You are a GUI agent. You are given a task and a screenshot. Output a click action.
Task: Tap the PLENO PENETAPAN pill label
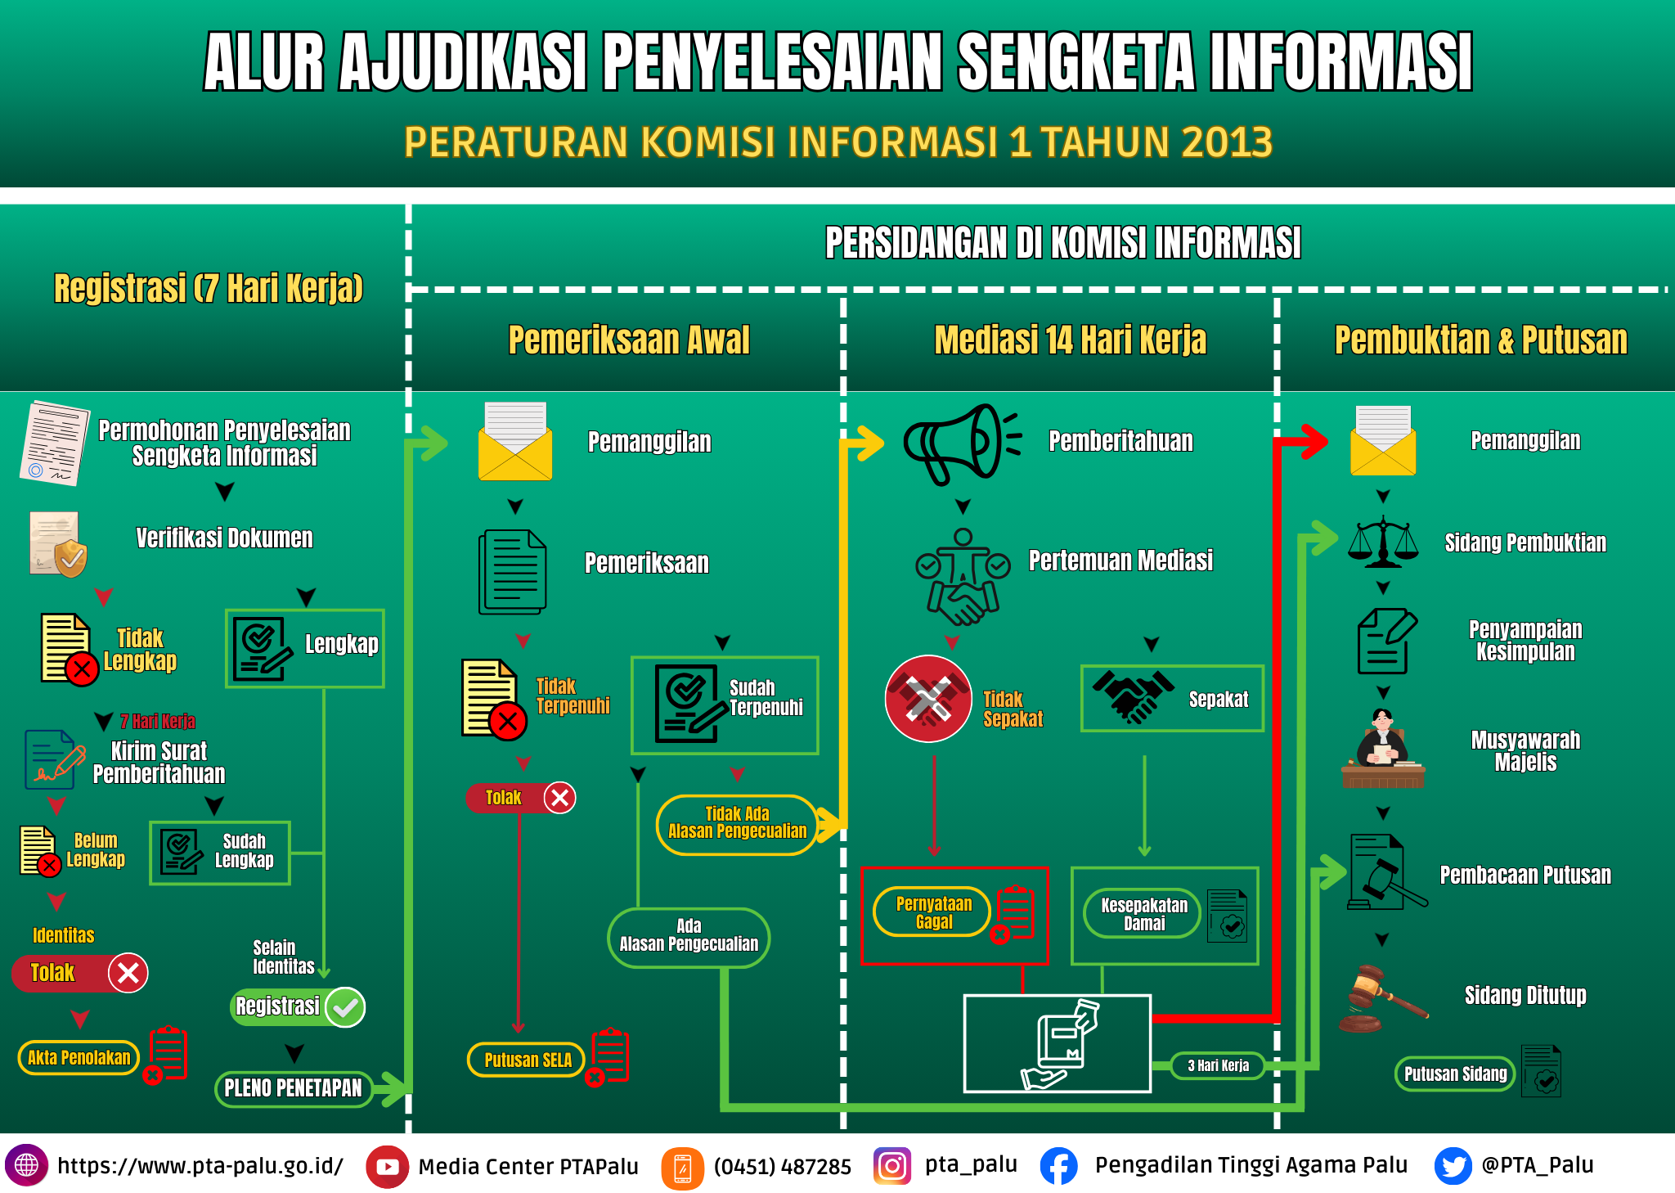point(293,1088)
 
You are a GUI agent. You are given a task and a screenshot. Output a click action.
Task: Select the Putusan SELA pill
point(526,1060)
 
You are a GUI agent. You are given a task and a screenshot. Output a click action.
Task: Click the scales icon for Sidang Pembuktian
point(1383,542)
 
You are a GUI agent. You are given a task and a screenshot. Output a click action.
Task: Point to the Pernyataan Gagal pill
point(932,912)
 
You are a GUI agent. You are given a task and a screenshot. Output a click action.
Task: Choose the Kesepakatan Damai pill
point(1143,914)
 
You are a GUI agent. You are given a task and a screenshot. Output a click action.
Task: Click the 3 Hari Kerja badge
point(1218,1065)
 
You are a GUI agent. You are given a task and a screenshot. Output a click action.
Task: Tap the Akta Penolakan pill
point(79,1057)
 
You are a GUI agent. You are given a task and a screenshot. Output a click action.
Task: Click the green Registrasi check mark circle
point(345,1007)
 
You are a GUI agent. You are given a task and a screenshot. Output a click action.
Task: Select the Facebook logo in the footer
point(1059,1166)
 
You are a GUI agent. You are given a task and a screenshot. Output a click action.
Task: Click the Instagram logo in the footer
point(892,1165)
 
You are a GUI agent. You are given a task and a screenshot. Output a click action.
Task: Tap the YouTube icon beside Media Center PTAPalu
point(388,1167)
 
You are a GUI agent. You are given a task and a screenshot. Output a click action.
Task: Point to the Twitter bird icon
point(1453,1166)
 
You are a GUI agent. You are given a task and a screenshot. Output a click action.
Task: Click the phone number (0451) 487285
point(783,1167)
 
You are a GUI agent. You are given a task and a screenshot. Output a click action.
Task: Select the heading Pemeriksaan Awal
point(629,340)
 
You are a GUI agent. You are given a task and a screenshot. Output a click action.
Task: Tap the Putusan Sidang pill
point(1455,1074)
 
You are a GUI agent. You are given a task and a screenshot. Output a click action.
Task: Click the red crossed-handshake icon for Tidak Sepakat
point(928,699)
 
